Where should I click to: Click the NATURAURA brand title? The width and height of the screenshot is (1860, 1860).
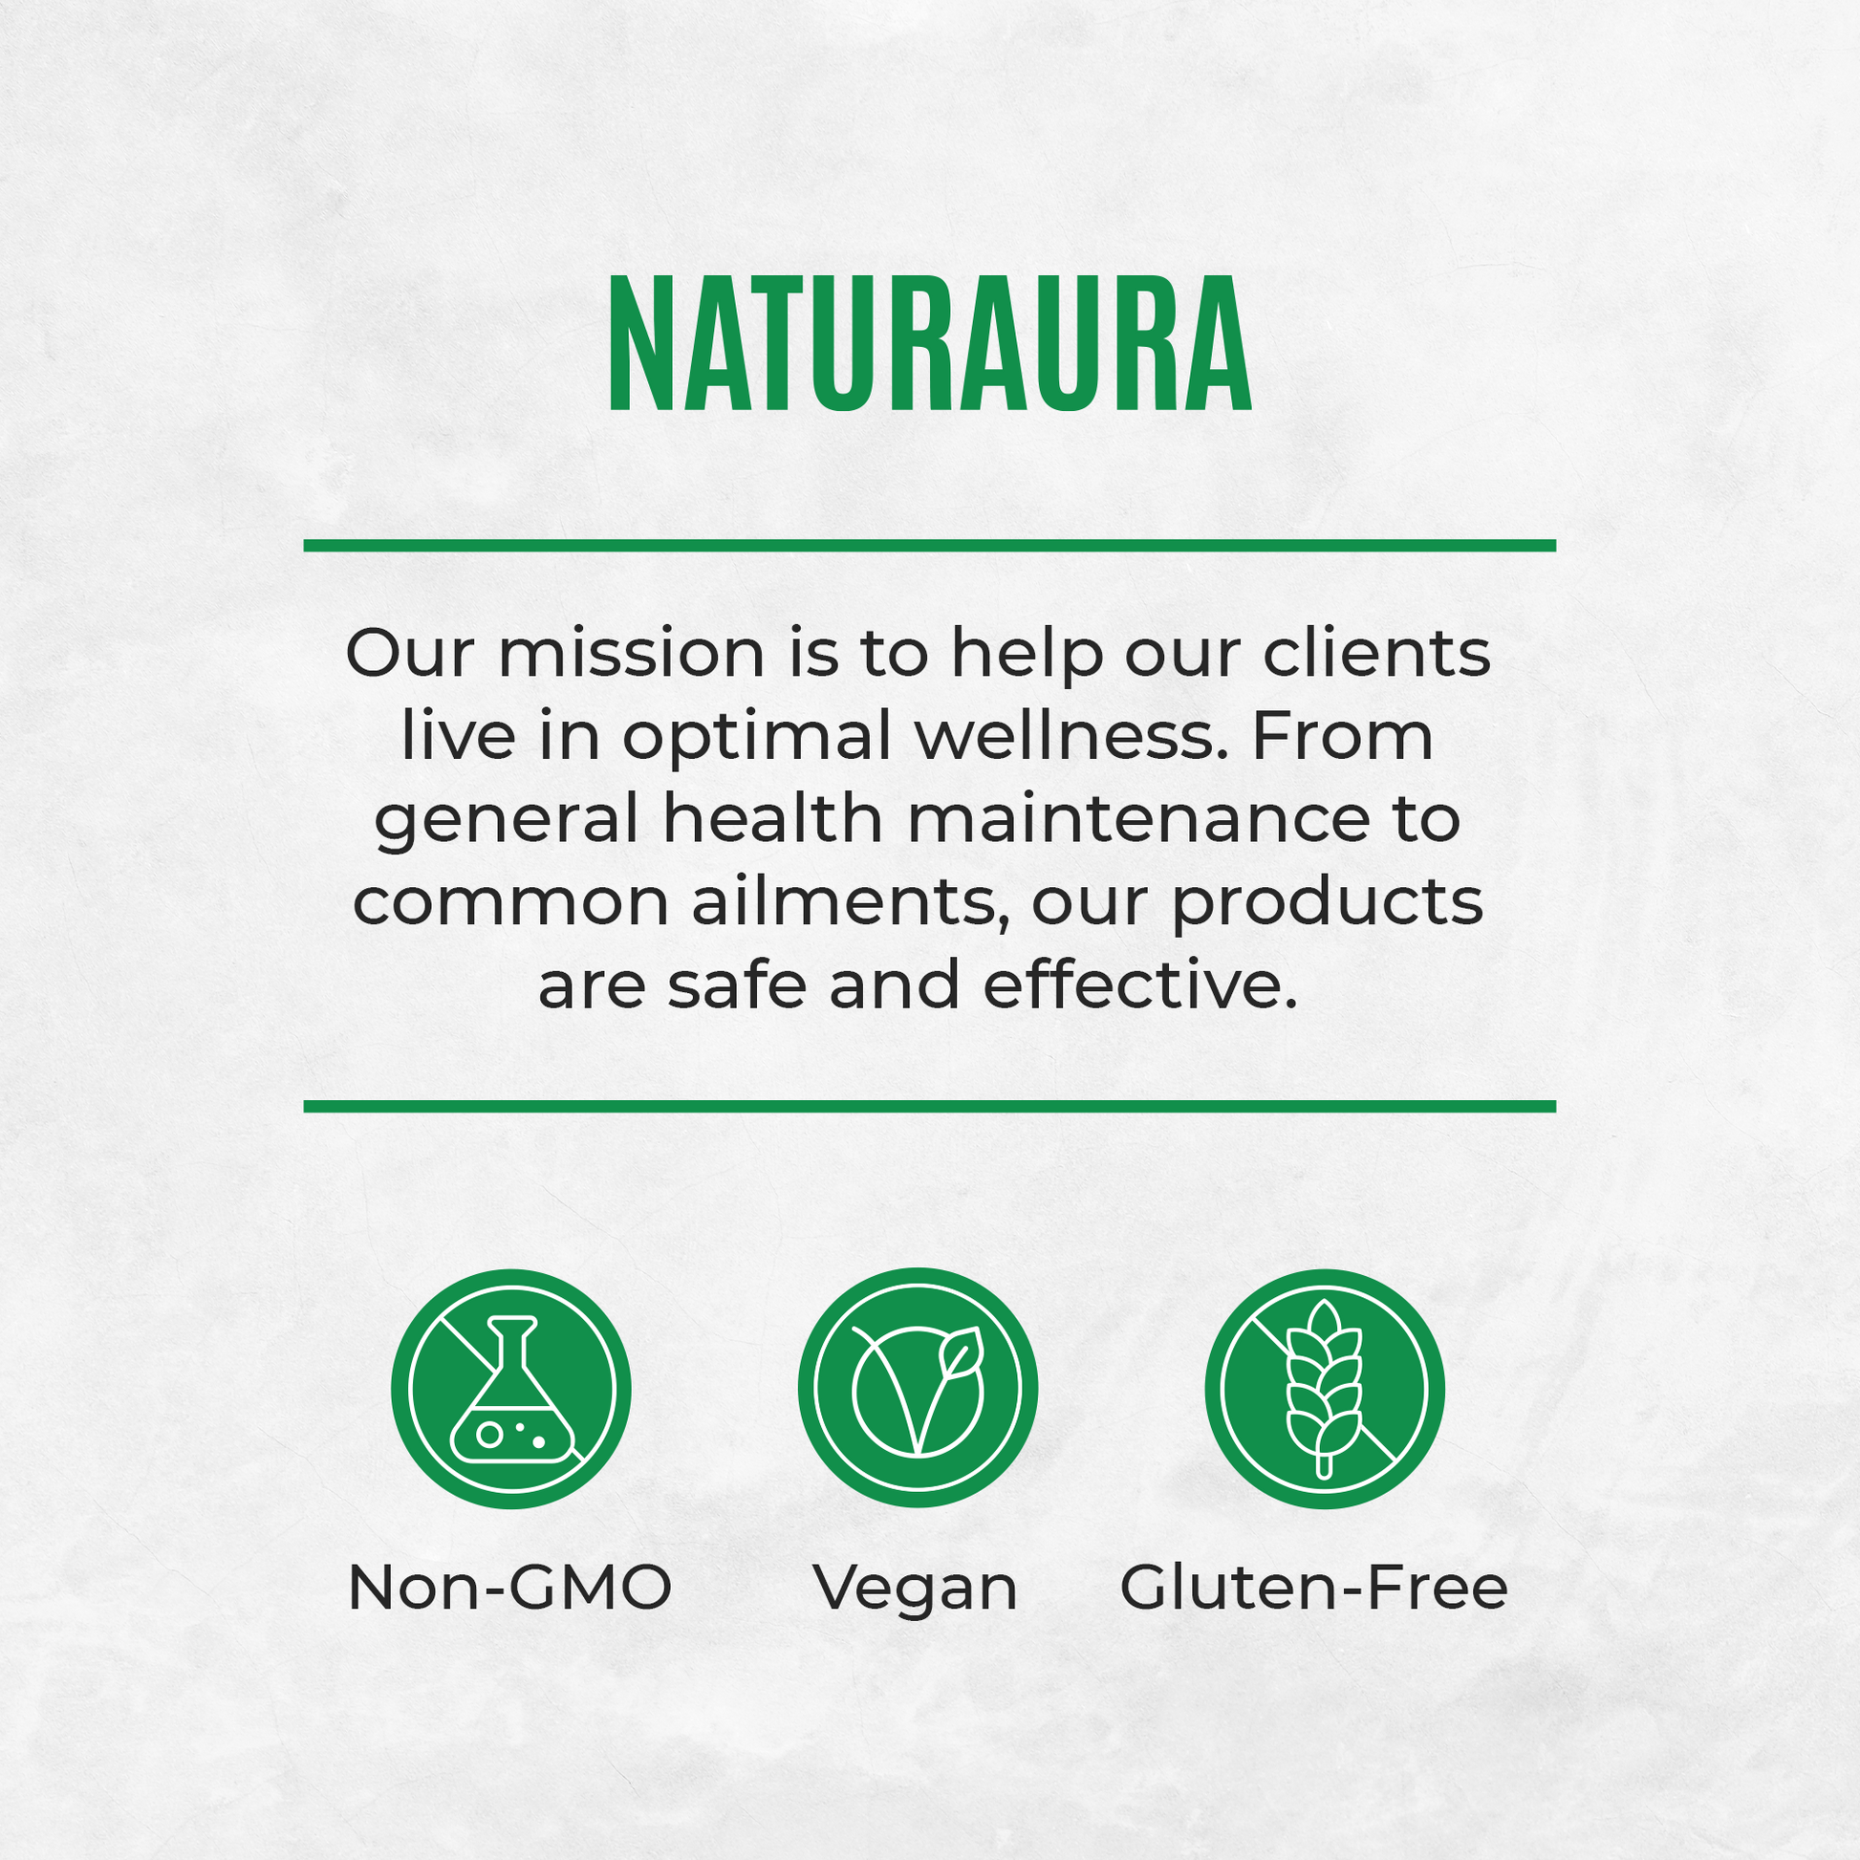tap(930, 344)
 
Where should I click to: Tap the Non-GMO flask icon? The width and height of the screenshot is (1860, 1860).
tap(511, 1388)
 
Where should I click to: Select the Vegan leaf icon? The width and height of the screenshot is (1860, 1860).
tap(918, 1388)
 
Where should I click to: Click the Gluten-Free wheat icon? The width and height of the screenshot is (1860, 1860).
tap(1325, 1388)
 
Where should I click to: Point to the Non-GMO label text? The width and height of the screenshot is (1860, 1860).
tap(509, 1588)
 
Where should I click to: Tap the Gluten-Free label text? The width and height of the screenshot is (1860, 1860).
tap(1313, 1587)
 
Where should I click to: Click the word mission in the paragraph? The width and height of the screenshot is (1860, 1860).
tap(632, 654)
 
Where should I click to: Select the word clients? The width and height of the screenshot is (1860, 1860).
tap(1376, 653)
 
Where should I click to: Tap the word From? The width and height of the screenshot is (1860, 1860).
tap(1343, 738)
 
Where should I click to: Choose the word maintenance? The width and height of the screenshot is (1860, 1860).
tap(1138, 820)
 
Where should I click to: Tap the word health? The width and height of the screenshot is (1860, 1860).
tap(773, 819)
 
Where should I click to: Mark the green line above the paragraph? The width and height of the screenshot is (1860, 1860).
tap(930, 546)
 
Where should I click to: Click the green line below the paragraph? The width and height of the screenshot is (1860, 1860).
tap(930, 1106)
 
